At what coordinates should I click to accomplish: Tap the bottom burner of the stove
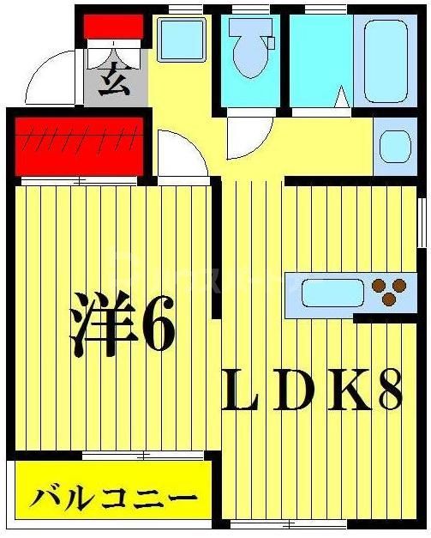(389, 300)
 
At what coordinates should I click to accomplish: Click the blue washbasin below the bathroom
(395, 147)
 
